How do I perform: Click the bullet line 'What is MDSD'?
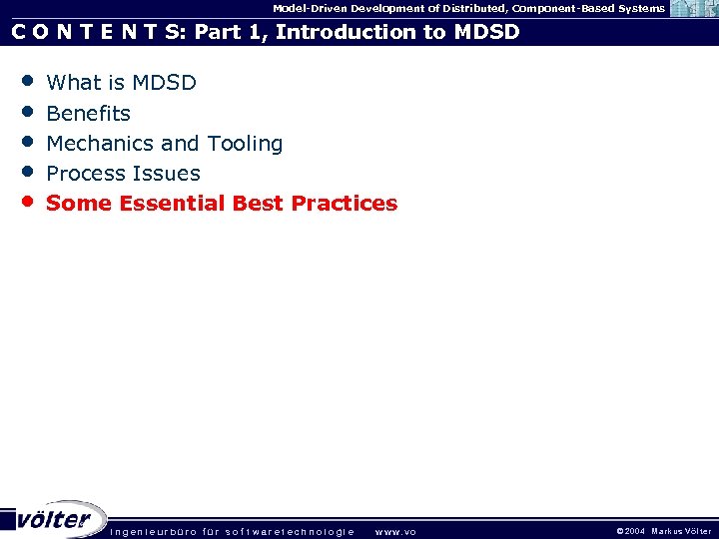coord(121,83)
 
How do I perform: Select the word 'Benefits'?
coord(88,114)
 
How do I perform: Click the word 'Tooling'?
coord(245,144)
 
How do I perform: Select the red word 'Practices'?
coord(345,204)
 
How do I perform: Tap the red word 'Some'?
coord(79,204)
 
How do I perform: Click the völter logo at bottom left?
coord(54,519)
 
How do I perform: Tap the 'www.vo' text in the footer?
coord(395,531)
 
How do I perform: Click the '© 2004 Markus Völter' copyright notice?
coord(663,531)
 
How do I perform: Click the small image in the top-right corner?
coord(693,9)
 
